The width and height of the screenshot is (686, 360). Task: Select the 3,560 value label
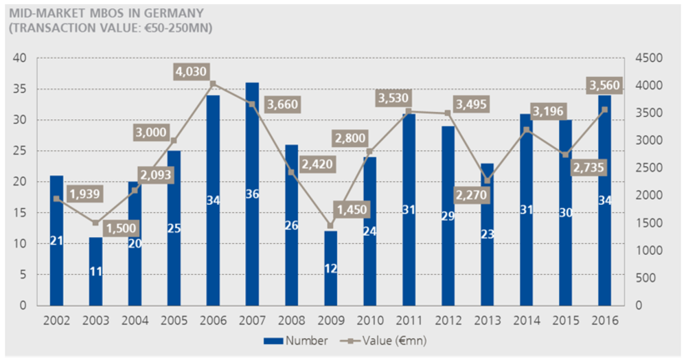(604, 86)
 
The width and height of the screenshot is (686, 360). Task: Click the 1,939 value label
(84, 194)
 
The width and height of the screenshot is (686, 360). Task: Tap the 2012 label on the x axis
(448, 321)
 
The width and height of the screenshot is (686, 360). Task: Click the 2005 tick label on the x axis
(174, 321)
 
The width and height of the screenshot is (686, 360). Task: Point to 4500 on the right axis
(648, 58)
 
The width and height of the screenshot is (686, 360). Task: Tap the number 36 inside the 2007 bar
(252, 194)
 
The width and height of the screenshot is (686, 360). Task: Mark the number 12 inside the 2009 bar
(330, 269)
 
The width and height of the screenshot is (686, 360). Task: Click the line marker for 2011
(409, 111)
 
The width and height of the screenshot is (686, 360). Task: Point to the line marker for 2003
(95, 223)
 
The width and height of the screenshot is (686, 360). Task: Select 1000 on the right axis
(648, 251)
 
